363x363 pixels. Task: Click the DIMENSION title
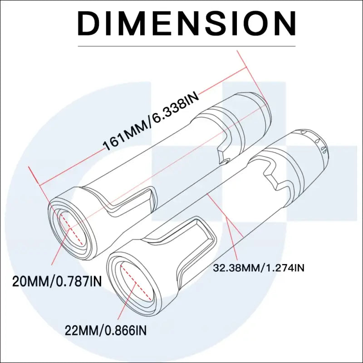tap(186, 24)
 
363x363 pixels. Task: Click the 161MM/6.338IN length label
tap(151, 121)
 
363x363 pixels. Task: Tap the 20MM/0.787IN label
tap(57, 281)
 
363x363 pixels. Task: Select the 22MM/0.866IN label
tap(106, 330)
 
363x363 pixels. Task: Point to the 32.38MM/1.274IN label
tap(259, 268)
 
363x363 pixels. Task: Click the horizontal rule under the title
tap(186, 46)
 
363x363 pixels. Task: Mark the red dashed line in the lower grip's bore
tap(136, 283)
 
